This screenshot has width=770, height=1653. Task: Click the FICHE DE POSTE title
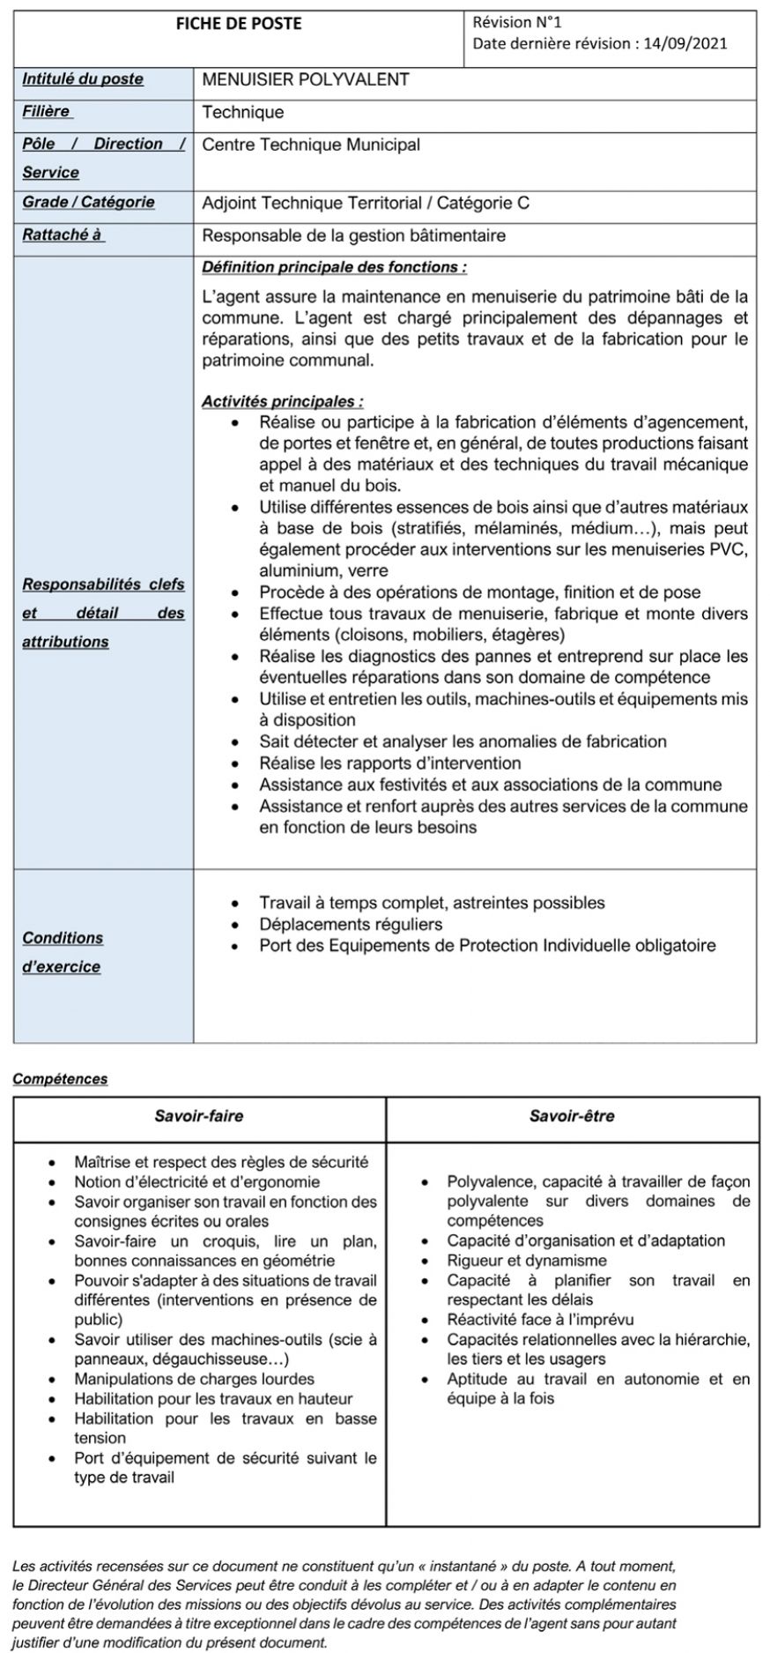[238, 24]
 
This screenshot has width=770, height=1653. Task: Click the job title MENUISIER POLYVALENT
[306, 80]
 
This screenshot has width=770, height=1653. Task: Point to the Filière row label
[46, 112]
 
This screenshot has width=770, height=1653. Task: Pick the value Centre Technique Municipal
[311, 145]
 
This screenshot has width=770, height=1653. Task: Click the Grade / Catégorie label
[88, 203]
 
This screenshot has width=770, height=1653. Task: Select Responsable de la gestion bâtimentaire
[353, 235]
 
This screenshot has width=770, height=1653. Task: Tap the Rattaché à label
[62, 235]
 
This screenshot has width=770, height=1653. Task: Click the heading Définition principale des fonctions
[334, 267]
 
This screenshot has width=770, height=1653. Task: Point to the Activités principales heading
[282, 401]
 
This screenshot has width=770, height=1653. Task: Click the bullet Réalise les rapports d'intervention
[389, 763]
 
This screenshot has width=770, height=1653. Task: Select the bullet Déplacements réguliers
[351, 925]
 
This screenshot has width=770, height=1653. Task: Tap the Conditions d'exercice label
[63, 952]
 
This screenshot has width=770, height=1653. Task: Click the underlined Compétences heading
[60, 1079]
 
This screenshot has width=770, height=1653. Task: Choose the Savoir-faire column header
[199, 1116]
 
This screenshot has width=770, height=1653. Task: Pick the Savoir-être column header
[572, 1116]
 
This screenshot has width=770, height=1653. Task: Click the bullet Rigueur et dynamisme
[526, 1261]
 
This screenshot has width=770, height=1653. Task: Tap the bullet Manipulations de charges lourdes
[194, 1379]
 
